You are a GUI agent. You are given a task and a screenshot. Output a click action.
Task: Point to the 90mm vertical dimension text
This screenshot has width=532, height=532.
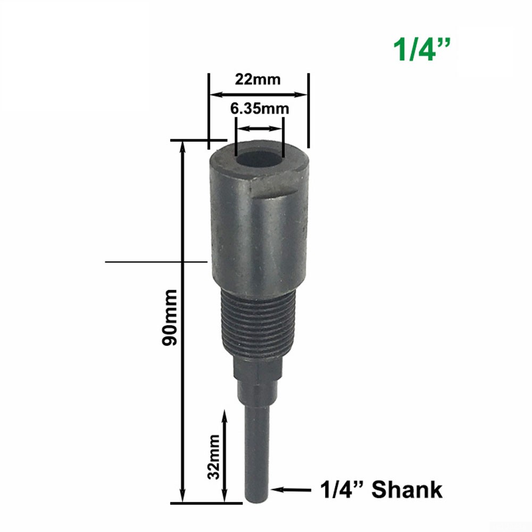click(x=170, y=317)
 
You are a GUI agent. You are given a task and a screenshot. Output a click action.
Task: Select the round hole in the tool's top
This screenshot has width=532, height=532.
click(x=259, y=159)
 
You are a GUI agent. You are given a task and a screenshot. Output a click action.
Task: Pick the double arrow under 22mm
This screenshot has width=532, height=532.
click(x=258, y=95)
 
